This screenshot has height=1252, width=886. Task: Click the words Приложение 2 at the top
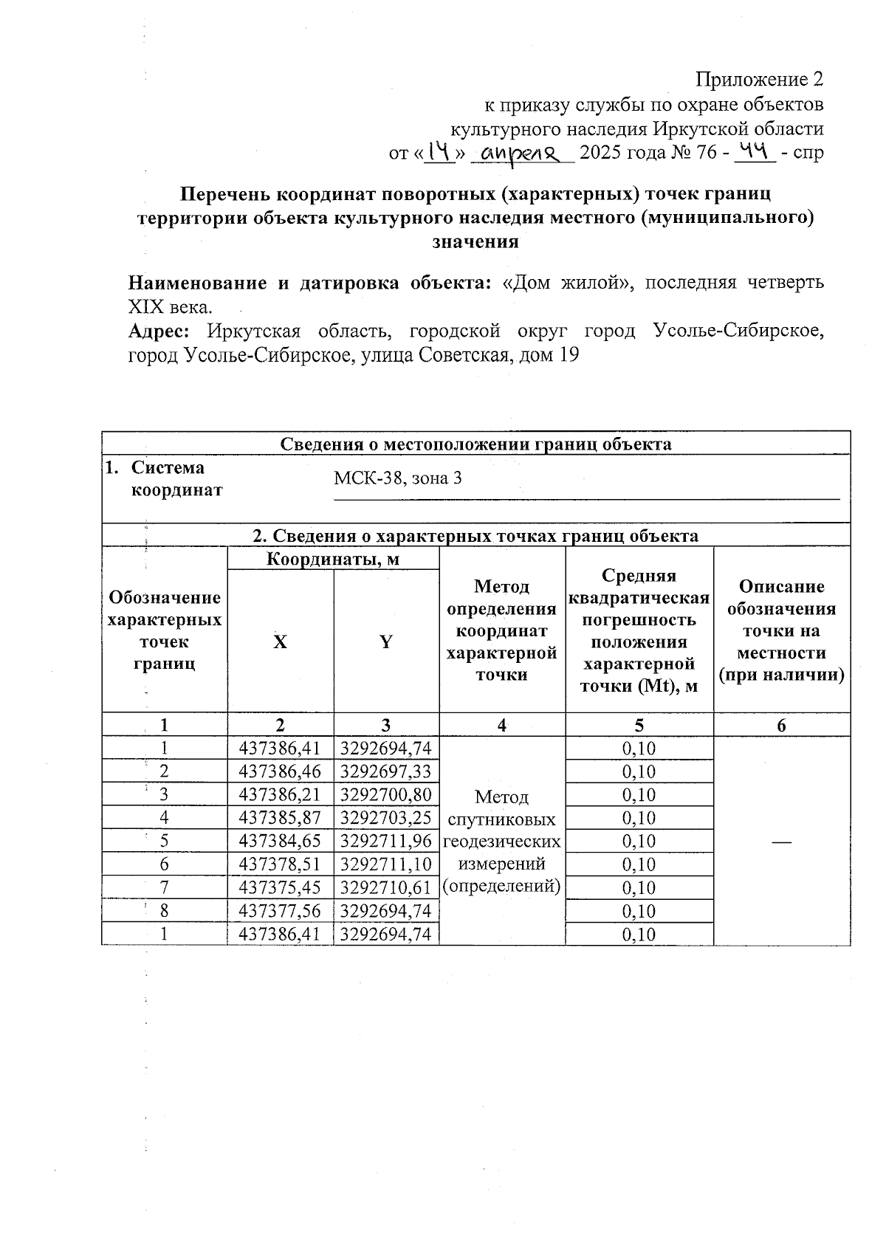coord(760,79)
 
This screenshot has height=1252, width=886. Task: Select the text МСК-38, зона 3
coord(398,478)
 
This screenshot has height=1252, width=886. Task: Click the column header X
coord(280,642)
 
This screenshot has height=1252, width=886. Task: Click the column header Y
coord(385,642)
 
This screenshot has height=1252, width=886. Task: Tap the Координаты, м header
coord(332,559)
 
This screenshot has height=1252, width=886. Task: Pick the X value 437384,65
coord(280,841)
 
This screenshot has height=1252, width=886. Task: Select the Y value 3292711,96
coord(385,841)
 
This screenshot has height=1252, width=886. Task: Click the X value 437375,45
coord(280,887)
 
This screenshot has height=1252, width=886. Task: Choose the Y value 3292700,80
coord(385,794)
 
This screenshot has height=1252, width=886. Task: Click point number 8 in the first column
coord(164,910)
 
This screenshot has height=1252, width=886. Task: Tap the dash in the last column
coord(782,841)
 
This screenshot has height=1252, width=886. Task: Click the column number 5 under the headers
coord(639,725)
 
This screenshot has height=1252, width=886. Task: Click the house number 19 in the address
coord(569,355)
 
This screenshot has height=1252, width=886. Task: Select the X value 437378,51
coord(280,864)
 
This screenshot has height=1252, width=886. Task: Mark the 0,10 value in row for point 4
coord(639,817)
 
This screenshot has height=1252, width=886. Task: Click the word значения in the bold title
coord(475,241)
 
